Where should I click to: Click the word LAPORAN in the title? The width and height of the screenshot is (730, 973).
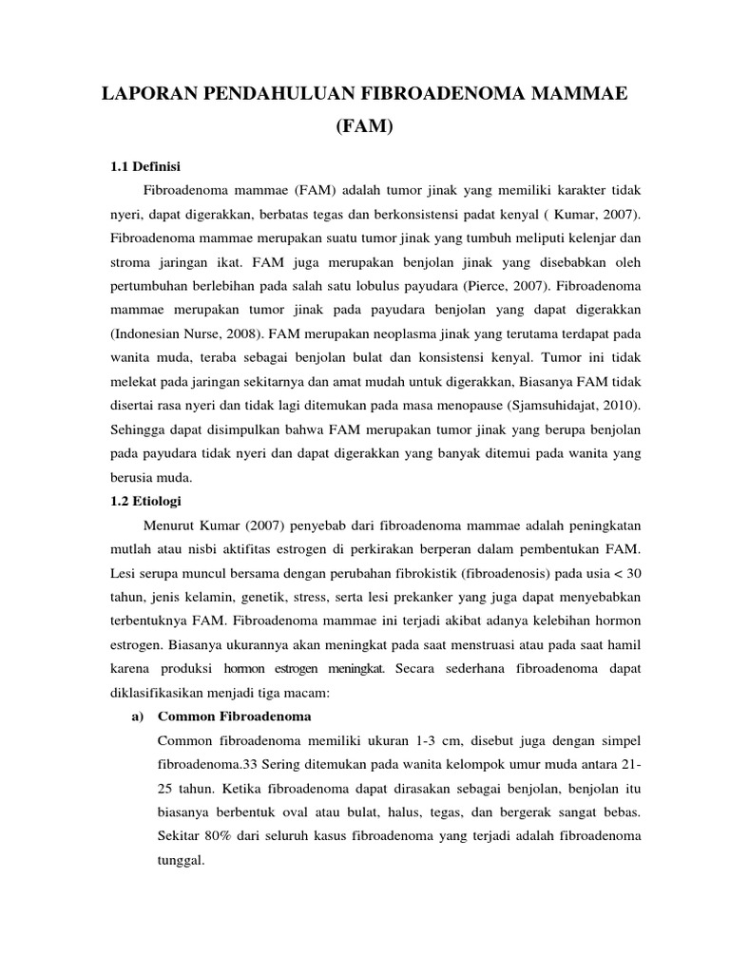145,92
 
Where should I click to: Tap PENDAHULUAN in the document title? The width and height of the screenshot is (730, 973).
275,92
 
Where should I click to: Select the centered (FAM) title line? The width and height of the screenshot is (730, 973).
364,126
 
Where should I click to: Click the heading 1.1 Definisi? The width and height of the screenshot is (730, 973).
146,167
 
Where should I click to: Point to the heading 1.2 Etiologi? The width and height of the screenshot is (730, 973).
146,500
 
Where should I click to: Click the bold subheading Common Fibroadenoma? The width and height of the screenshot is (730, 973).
235,715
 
